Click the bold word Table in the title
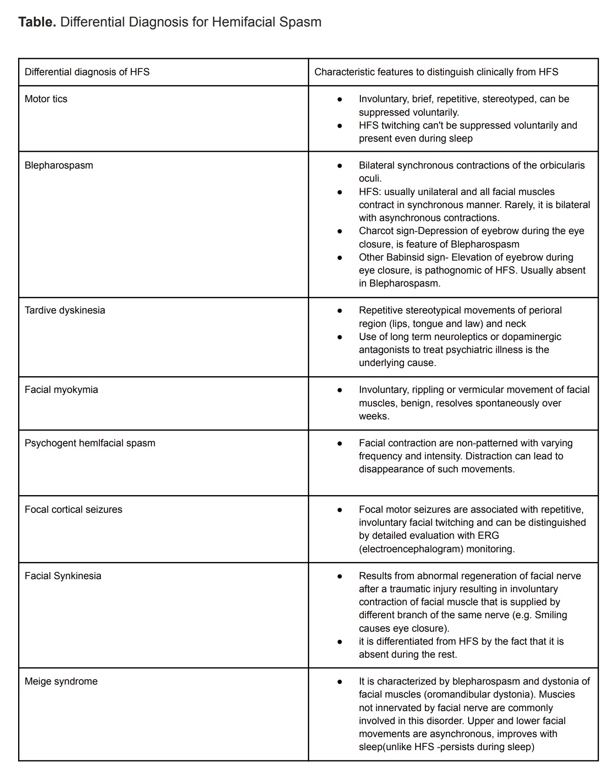click(x=37, y=22)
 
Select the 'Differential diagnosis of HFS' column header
click(x=87, y=72)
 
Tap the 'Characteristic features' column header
click(x=436, y=72)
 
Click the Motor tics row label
click(x=46, y=99)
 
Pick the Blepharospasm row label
click(x=59, y=165)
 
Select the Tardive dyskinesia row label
click(x=65, y=310)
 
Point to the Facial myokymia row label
click(x=61, y=390)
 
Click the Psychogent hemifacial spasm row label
click(x=90, y=443)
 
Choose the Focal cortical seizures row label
click(x=73, y=510)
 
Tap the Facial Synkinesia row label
click(x=63, y=576)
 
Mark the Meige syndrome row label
click(x=61, y=681)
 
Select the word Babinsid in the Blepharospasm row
click(x=405, y=257)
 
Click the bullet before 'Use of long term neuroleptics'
click(x=340, y=337)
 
